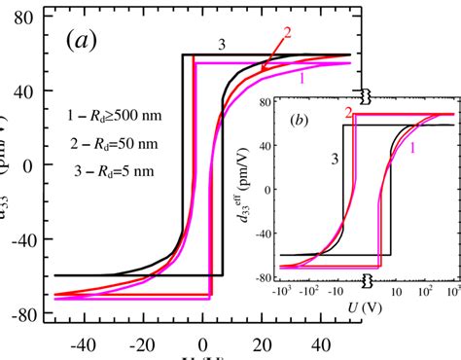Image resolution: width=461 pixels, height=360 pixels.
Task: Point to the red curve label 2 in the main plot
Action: pyautogui.click(x=287, y=32)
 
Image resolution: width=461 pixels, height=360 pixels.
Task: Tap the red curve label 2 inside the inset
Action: pyautogui.click(x=346, y=114)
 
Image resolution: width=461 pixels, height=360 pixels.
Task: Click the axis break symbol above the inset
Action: pyautogui.click(x=365, y=96)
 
